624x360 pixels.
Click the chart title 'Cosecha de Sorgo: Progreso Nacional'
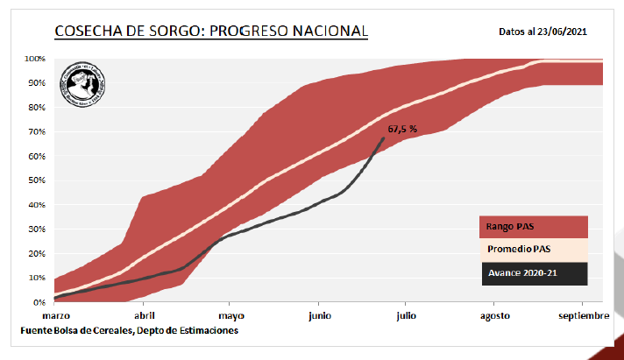tap(210, 32)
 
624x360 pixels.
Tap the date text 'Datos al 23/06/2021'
tap(542, 32)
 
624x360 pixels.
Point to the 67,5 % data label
tap(401, 129)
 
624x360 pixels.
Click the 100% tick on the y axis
tap(35, 59)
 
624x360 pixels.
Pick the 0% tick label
tap(39, 302)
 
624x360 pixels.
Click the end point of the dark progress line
tap(384, 138)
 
